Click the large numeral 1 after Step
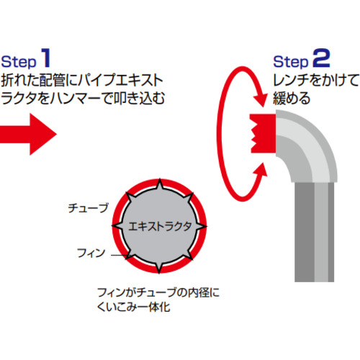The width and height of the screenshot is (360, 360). click(46, 58)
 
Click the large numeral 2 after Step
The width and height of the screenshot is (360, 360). click(321, 58)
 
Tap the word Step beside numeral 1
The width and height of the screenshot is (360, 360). click(19, 62)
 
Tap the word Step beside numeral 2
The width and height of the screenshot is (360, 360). click(291, 62)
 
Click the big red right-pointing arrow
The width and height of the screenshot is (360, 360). click(28, 134)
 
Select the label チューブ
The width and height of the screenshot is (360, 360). click(88, 208)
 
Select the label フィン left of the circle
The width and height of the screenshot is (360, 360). click(91, 253)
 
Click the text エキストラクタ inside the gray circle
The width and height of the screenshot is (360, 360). click(160, 226)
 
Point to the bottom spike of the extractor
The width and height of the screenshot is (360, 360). click(159, 269)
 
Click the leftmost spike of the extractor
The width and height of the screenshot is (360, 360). click(117, 225)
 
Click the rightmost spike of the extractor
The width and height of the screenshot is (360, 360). click(201, 226)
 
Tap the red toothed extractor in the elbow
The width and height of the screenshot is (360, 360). click(263, 133)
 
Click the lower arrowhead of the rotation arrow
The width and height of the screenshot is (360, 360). click(261, 170)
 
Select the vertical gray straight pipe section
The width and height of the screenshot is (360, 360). click(314, 232)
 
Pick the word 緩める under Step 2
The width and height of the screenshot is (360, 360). click(292, 98)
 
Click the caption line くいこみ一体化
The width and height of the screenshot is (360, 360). click(134, 307)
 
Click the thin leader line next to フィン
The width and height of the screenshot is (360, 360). click(119, 255)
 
